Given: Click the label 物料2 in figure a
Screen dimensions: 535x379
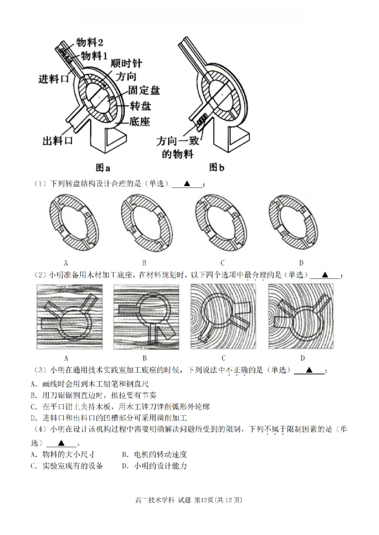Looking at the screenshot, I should click(x=92, y=42).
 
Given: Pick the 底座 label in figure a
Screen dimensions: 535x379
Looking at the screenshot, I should click(x=139, y=122).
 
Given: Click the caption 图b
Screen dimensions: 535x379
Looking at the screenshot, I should click(x=216, y=168).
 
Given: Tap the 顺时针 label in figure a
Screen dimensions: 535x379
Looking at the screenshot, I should click(x=126, y=63).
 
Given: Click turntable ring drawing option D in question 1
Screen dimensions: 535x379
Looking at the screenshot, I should click(x=294, y=222).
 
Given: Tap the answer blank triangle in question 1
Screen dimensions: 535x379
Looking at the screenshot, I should click(x=187, y=183).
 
